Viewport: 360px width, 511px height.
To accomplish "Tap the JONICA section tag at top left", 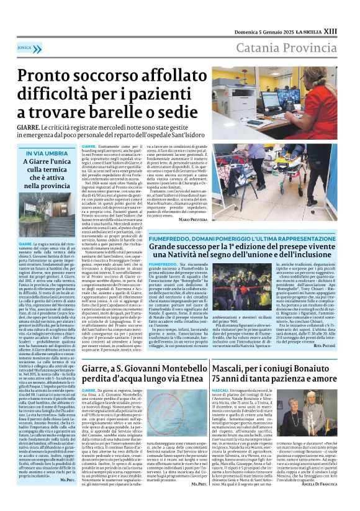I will coord(25,47).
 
